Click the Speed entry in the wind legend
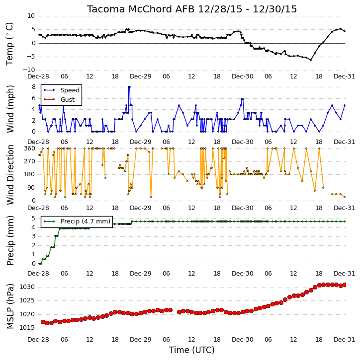(x=70, y=90)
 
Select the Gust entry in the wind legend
(x=68, y=100)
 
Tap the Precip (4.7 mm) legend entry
(x=86, y=221)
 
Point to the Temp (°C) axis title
(x=9, y=44)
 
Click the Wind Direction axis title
(x=10, y=175)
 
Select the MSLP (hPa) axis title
(x=10, y=306)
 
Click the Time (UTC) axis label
(x=192, y=350)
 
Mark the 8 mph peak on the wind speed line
(x=129, y=87)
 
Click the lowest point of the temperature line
(x=311, y=60)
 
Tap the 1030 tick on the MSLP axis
(x=27, y=287)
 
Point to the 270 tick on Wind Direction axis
(x=30, y=161)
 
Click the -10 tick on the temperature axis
(x=28, y=70)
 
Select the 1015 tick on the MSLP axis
(x=27, y=328)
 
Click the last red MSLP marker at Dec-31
(x=345, y=285)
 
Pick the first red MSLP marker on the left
(x=43, y=322)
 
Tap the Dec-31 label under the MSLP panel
(x=345, y=340)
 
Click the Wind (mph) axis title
(x=10, y=109)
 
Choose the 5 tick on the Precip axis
(x=33, y=218)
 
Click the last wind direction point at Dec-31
(x=345, y=197)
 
